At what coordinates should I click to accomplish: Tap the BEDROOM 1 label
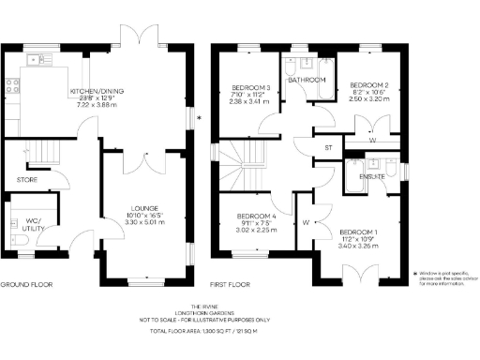click(359, 232)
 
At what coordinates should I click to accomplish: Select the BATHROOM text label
click(307, 81)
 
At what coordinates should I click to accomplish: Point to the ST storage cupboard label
click(328, 147)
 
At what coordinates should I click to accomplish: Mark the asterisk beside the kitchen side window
click(198, 117)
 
